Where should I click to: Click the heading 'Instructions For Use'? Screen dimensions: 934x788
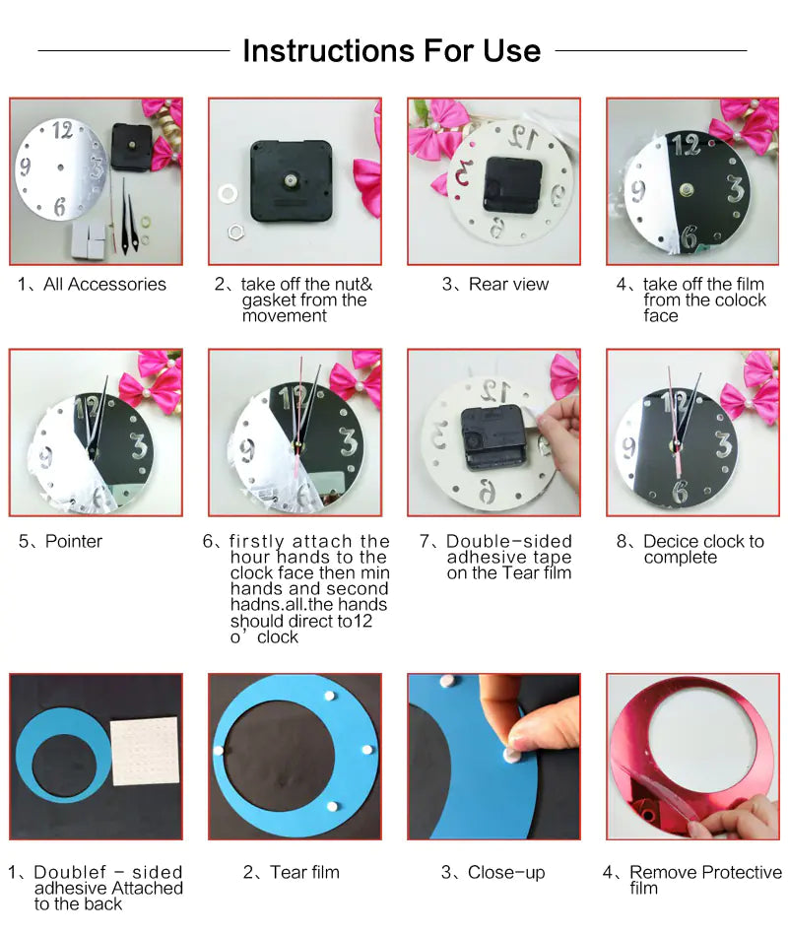(391, 50)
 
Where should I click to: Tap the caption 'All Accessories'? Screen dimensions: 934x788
(104, 285)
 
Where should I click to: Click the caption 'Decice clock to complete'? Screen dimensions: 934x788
(702, 550)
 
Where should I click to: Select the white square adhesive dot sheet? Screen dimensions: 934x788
(145, 751)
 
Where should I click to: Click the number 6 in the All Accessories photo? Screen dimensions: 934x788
(59, 207)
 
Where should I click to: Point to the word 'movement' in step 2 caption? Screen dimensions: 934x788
(285, 316)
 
